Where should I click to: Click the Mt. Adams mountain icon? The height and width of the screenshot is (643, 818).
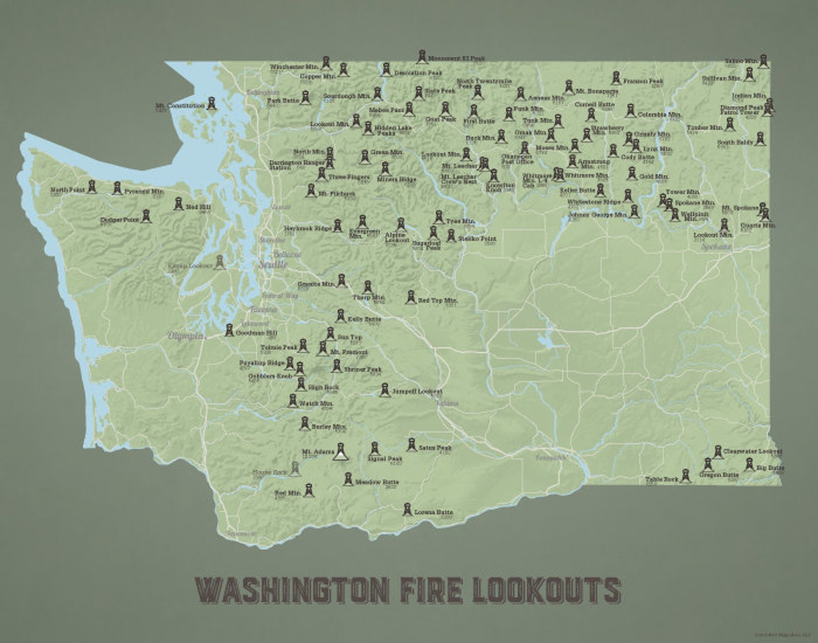tap(340, 452)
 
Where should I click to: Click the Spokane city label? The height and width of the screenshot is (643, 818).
tap(717, 247)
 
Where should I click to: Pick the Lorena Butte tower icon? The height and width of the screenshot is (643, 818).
tap(407, 509)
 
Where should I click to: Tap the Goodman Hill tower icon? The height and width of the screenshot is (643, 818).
tap(229, 329)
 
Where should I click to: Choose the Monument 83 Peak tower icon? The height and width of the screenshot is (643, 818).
tap(421, 57)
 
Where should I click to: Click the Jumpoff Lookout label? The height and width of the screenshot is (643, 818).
tap(417, 392)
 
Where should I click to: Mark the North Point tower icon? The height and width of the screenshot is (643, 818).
tap(92, 187)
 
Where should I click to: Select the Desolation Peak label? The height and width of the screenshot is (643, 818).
tap(418, 73)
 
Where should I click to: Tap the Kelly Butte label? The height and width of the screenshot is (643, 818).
tap(364, 319)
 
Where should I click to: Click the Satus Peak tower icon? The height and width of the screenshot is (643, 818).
tap(412, 444)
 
